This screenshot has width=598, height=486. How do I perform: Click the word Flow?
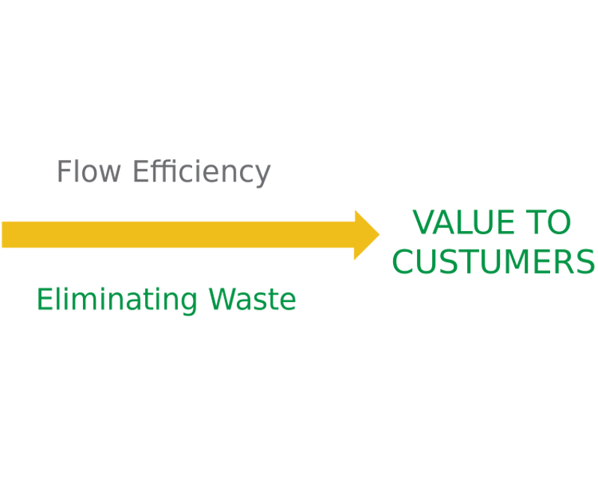coord(90,172)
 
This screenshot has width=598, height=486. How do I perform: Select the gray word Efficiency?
coord(201,173)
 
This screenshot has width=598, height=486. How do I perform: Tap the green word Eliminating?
coord(117,301)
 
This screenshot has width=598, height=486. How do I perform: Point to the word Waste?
coord(252,300)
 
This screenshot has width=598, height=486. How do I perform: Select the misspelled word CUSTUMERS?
coord(493,262)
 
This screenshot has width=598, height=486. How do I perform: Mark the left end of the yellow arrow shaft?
coord(4,235)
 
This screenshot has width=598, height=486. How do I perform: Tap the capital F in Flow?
coord(64,172)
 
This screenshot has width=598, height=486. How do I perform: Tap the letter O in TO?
coord(559,223)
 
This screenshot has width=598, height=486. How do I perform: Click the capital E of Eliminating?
coord(43,300)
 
